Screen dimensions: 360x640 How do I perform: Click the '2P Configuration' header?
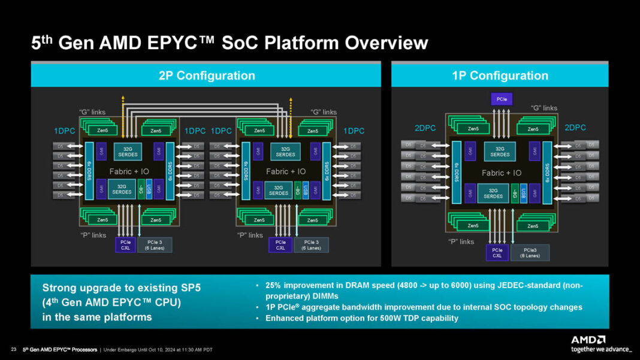(207, 75)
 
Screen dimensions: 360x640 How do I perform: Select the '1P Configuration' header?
(500, 75)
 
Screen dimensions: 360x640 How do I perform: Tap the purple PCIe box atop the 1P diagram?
(500, 99)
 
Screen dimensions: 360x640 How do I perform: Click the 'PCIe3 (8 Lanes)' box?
(530, 252)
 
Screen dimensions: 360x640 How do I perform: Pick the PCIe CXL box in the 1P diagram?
(497, 252)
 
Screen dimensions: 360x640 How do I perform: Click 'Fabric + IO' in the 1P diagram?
(502, 173)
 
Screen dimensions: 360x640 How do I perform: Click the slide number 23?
(13, 350)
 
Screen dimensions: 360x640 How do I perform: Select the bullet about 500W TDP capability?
(361, 318)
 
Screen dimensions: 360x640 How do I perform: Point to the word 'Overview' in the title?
(382, 43)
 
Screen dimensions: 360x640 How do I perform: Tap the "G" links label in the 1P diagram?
(544, 108)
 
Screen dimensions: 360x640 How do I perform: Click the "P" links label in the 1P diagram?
(461, 241)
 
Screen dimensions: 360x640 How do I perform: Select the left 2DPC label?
(424, 128)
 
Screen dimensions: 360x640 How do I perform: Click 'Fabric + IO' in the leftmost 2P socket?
(129, 171)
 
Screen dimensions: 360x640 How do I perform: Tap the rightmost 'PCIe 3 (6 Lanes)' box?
(311, 244)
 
